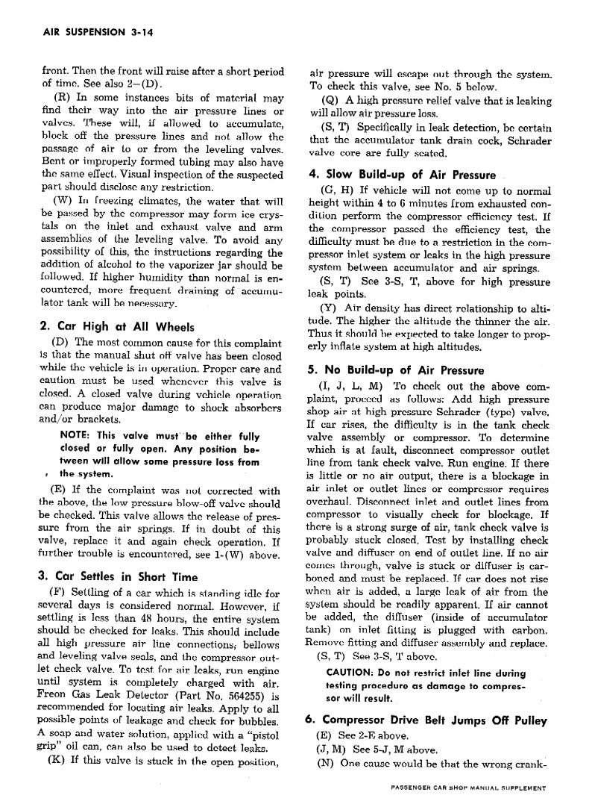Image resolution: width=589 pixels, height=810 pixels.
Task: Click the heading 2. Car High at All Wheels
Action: [116, 326]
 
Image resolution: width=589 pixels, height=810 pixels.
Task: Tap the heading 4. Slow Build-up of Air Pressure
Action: [402, 175]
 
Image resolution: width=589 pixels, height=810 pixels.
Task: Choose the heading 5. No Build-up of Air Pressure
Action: [395, 370]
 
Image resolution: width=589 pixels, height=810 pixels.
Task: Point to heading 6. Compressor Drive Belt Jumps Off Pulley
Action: [436, 721]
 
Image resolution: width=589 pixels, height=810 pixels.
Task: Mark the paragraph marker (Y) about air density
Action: [327, 308]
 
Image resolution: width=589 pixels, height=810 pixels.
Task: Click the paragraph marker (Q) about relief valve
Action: [330, 101]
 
